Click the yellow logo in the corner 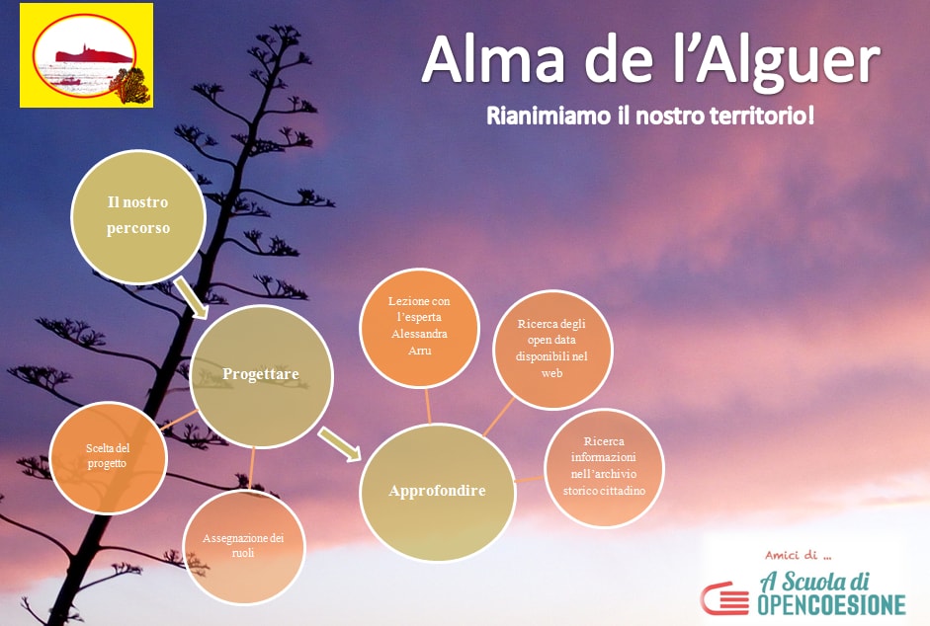pyautogui.click(x=87, y=55)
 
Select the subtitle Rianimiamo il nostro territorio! pyautogui.click(x=650, y=116)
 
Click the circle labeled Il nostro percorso pyautogui.click(x=138, y=216)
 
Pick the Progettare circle pyautogui.click(x=261, y=375)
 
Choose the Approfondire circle pyautogui.click(x=438, y=491)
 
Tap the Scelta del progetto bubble pyautogui.click(x=108, y=456)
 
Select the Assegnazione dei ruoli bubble pyautogui.click(x=243, y=546)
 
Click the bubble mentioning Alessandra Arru pyautogui.click(x=419, y=327)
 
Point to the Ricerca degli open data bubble pyautogui.click(x=552, y=350)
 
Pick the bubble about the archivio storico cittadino pyautogui.click(x=604, y=467)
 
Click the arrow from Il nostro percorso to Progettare pyautogui.click(x=191, y=299)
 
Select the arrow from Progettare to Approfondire pyautogui.click(x=340, y=443)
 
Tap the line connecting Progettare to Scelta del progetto pyautogui.click(x=178, y=420)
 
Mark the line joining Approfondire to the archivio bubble pyautogui.click(x=530, y=479)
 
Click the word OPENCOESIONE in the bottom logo pyautogui.click(x=831, y=604)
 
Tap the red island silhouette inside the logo pyautogui.click(x=94, y=55)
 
